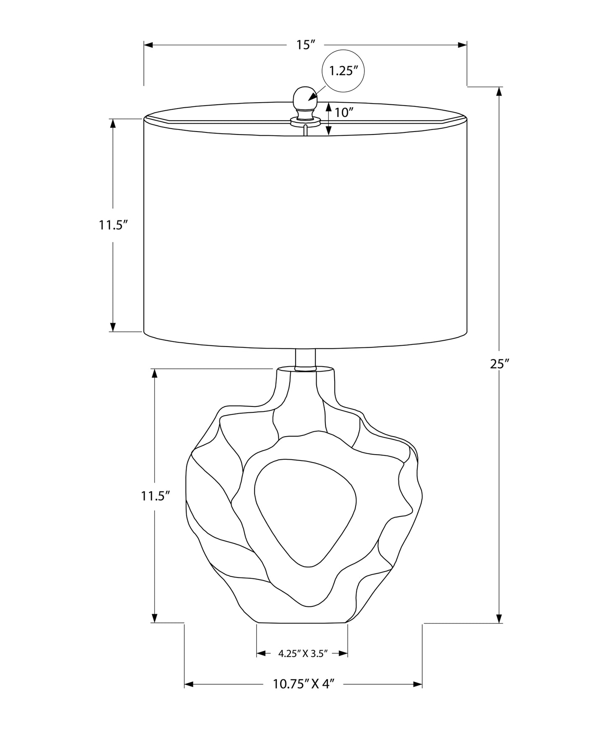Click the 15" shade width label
(x=305, y=45)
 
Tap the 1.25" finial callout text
(x=343, y=71)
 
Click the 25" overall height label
(x=499, y=364)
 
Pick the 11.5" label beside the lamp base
(x=155, y=497)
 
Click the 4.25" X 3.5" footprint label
(x=302, y=653)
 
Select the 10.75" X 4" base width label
(x=303, y=684)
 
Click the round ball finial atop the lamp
(x=305, y=97)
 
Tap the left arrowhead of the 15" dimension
(x=148, y=45)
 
